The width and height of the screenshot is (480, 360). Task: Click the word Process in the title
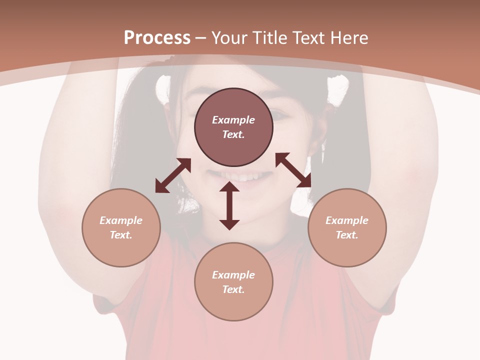(157, 38)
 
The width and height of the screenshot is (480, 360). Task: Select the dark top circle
(233, 127)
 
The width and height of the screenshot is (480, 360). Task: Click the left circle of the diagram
(121, 227)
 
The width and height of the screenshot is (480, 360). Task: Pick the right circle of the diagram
(347, 227)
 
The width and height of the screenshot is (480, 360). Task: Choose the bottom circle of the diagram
(233, 281)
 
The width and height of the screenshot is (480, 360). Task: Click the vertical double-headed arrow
(229, 206)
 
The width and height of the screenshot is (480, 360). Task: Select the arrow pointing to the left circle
(173, 175)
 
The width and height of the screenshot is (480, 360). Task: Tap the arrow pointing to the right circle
(293, 170)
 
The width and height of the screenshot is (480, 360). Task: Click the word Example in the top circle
(233, 120)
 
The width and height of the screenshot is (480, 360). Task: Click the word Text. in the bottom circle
(233, 289)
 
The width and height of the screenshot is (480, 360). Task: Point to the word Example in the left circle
(121, 220)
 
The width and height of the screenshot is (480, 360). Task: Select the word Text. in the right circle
(347, 235)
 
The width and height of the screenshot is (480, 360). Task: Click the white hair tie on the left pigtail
(163, 87)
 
